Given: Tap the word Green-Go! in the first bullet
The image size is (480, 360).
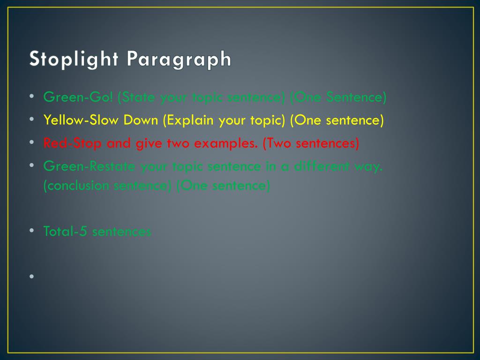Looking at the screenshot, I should tap(78, 97).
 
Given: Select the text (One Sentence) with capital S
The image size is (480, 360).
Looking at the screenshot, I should tap(338, 97).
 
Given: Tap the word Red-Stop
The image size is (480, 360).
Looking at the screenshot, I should tap(72, 143).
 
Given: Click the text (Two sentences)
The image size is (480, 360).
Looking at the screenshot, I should tap(311, 143).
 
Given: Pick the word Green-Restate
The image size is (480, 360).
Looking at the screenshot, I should tap(90, 166).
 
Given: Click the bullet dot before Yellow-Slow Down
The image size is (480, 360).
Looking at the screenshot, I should tap(31, 120).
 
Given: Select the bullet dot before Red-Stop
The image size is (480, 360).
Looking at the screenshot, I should tap(31, 142).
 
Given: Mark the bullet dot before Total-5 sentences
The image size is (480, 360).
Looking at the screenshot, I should tap(31, 230).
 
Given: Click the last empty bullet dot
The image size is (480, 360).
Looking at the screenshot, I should tap(31, 276).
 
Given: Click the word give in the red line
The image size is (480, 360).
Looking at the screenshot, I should tap(149, 143).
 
